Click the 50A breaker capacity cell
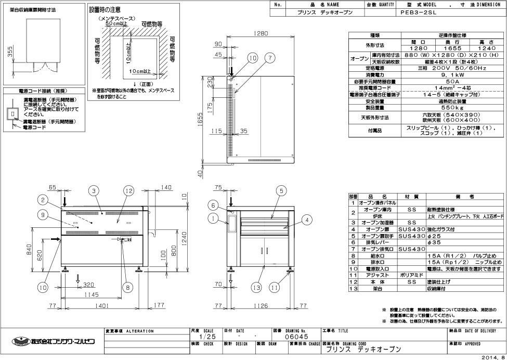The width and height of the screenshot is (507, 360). pos(452,81)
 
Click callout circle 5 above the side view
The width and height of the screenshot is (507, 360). pos(280,191)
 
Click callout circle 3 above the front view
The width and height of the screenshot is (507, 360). pos(94,191)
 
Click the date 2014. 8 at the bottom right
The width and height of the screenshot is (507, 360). pos(492,357)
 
